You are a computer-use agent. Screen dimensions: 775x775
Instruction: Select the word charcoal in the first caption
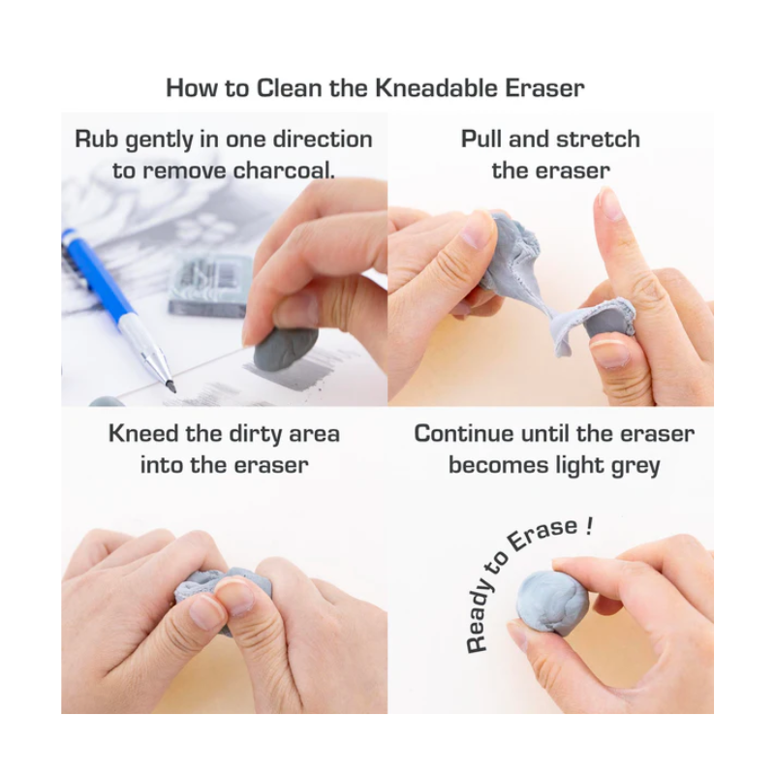point(284,171)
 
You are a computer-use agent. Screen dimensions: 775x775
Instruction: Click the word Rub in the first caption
point(96,139)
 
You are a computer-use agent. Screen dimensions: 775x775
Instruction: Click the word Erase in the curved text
point(542,536)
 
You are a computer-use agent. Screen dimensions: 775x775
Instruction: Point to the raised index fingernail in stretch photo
point(609,202)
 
